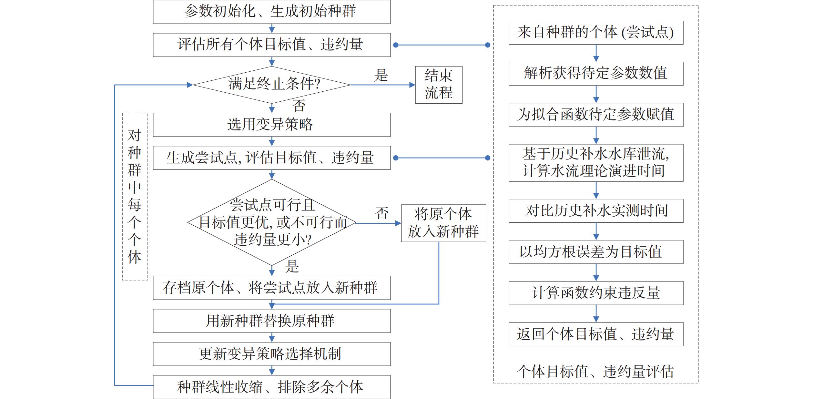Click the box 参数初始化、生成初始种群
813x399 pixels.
[271, 12]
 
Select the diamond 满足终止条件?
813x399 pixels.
[271, 85]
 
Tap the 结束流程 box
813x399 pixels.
[438, 85]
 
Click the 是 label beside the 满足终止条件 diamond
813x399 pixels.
[381, 75]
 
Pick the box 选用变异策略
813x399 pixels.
[271, 125]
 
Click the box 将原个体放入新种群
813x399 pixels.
[443, 223]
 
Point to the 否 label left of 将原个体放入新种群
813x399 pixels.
[382, 213]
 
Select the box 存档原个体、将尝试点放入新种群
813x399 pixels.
[271, 288]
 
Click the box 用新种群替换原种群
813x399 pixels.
[271, 321]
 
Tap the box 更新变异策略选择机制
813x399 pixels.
[271, 354]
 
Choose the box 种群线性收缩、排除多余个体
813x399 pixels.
[271, 387]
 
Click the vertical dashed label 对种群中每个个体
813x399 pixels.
[135, 196]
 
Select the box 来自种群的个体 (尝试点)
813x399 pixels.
[596, 33]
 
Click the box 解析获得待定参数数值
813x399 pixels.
[596, 74]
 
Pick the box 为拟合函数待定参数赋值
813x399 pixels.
[596, 115]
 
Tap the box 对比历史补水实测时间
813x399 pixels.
[596, 210]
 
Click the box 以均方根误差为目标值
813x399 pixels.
[596, 252]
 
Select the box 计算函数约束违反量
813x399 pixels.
[596, 293]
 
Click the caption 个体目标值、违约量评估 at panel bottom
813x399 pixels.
[596, 371]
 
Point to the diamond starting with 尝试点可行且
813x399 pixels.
[271, 222]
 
